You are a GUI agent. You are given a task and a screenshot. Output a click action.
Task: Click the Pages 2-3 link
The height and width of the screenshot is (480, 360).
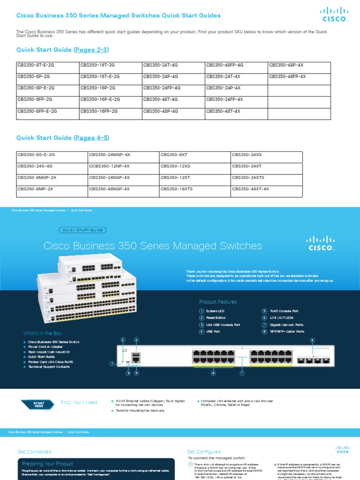click(92, 50)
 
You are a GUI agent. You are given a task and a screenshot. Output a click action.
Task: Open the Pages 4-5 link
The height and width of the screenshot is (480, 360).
click(92, 138)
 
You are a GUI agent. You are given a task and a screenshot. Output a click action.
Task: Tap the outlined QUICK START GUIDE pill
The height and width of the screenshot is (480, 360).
click(82, 230)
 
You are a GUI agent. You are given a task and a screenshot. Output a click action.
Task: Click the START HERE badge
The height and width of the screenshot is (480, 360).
click(38, 404)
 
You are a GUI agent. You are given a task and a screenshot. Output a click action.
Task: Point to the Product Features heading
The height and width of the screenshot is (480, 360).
click(218, 302)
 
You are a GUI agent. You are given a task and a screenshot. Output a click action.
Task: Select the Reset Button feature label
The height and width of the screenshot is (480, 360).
click(216, 318)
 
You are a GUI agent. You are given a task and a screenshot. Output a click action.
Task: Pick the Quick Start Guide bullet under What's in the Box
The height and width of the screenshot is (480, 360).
click(41, 357)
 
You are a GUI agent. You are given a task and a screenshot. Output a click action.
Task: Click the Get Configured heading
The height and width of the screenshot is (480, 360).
click(203, 452)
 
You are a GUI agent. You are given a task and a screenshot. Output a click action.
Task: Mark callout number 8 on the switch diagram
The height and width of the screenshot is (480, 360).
click(312, 340)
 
